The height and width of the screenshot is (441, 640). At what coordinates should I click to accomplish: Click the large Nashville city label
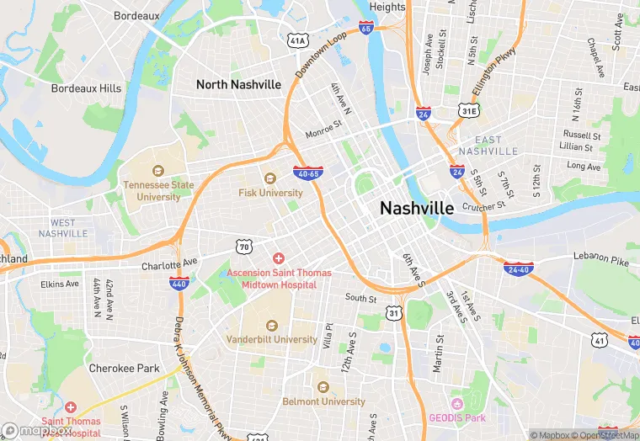[417, 208]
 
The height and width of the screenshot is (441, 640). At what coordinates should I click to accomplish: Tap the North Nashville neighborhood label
[238, 85]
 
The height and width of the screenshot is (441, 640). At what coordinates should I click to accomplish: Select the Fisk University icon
[270, 178]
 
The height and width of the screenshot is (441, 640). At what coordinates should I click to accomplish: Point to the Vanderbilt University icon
[271, 325]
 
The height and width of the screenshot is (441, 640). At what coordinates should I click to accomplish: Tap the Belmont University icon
[323, 387]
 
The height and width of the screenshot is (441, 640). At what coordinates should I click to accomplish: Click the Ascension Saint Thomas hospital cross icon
[278, 258]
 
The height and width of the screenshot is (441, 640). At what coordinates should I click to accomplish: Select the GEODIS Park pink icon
[457, 404]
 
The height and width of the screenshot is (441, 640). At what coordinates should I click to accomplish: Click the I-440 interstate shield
[179, 284]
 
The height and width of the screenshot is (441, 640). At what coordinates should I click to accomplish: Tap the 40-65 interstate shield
[307, 173]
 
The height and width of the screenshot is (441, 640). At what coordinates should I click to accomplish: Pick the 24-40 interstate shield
[518, 269]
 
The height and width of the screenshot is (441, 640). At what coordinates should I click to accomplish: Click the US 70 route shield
[244, 247]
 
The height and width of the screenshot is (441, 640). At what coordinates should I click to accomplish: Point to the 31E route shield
[469, 110]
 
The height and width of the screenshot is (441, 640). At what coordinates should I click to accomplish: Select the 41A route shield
[297, 40]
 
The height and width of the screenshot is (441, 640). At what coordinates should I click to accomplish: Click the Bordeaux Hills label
[86, 88]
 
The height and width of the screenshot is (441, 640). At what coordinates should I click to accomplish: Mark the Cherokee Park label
[125, 369]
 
